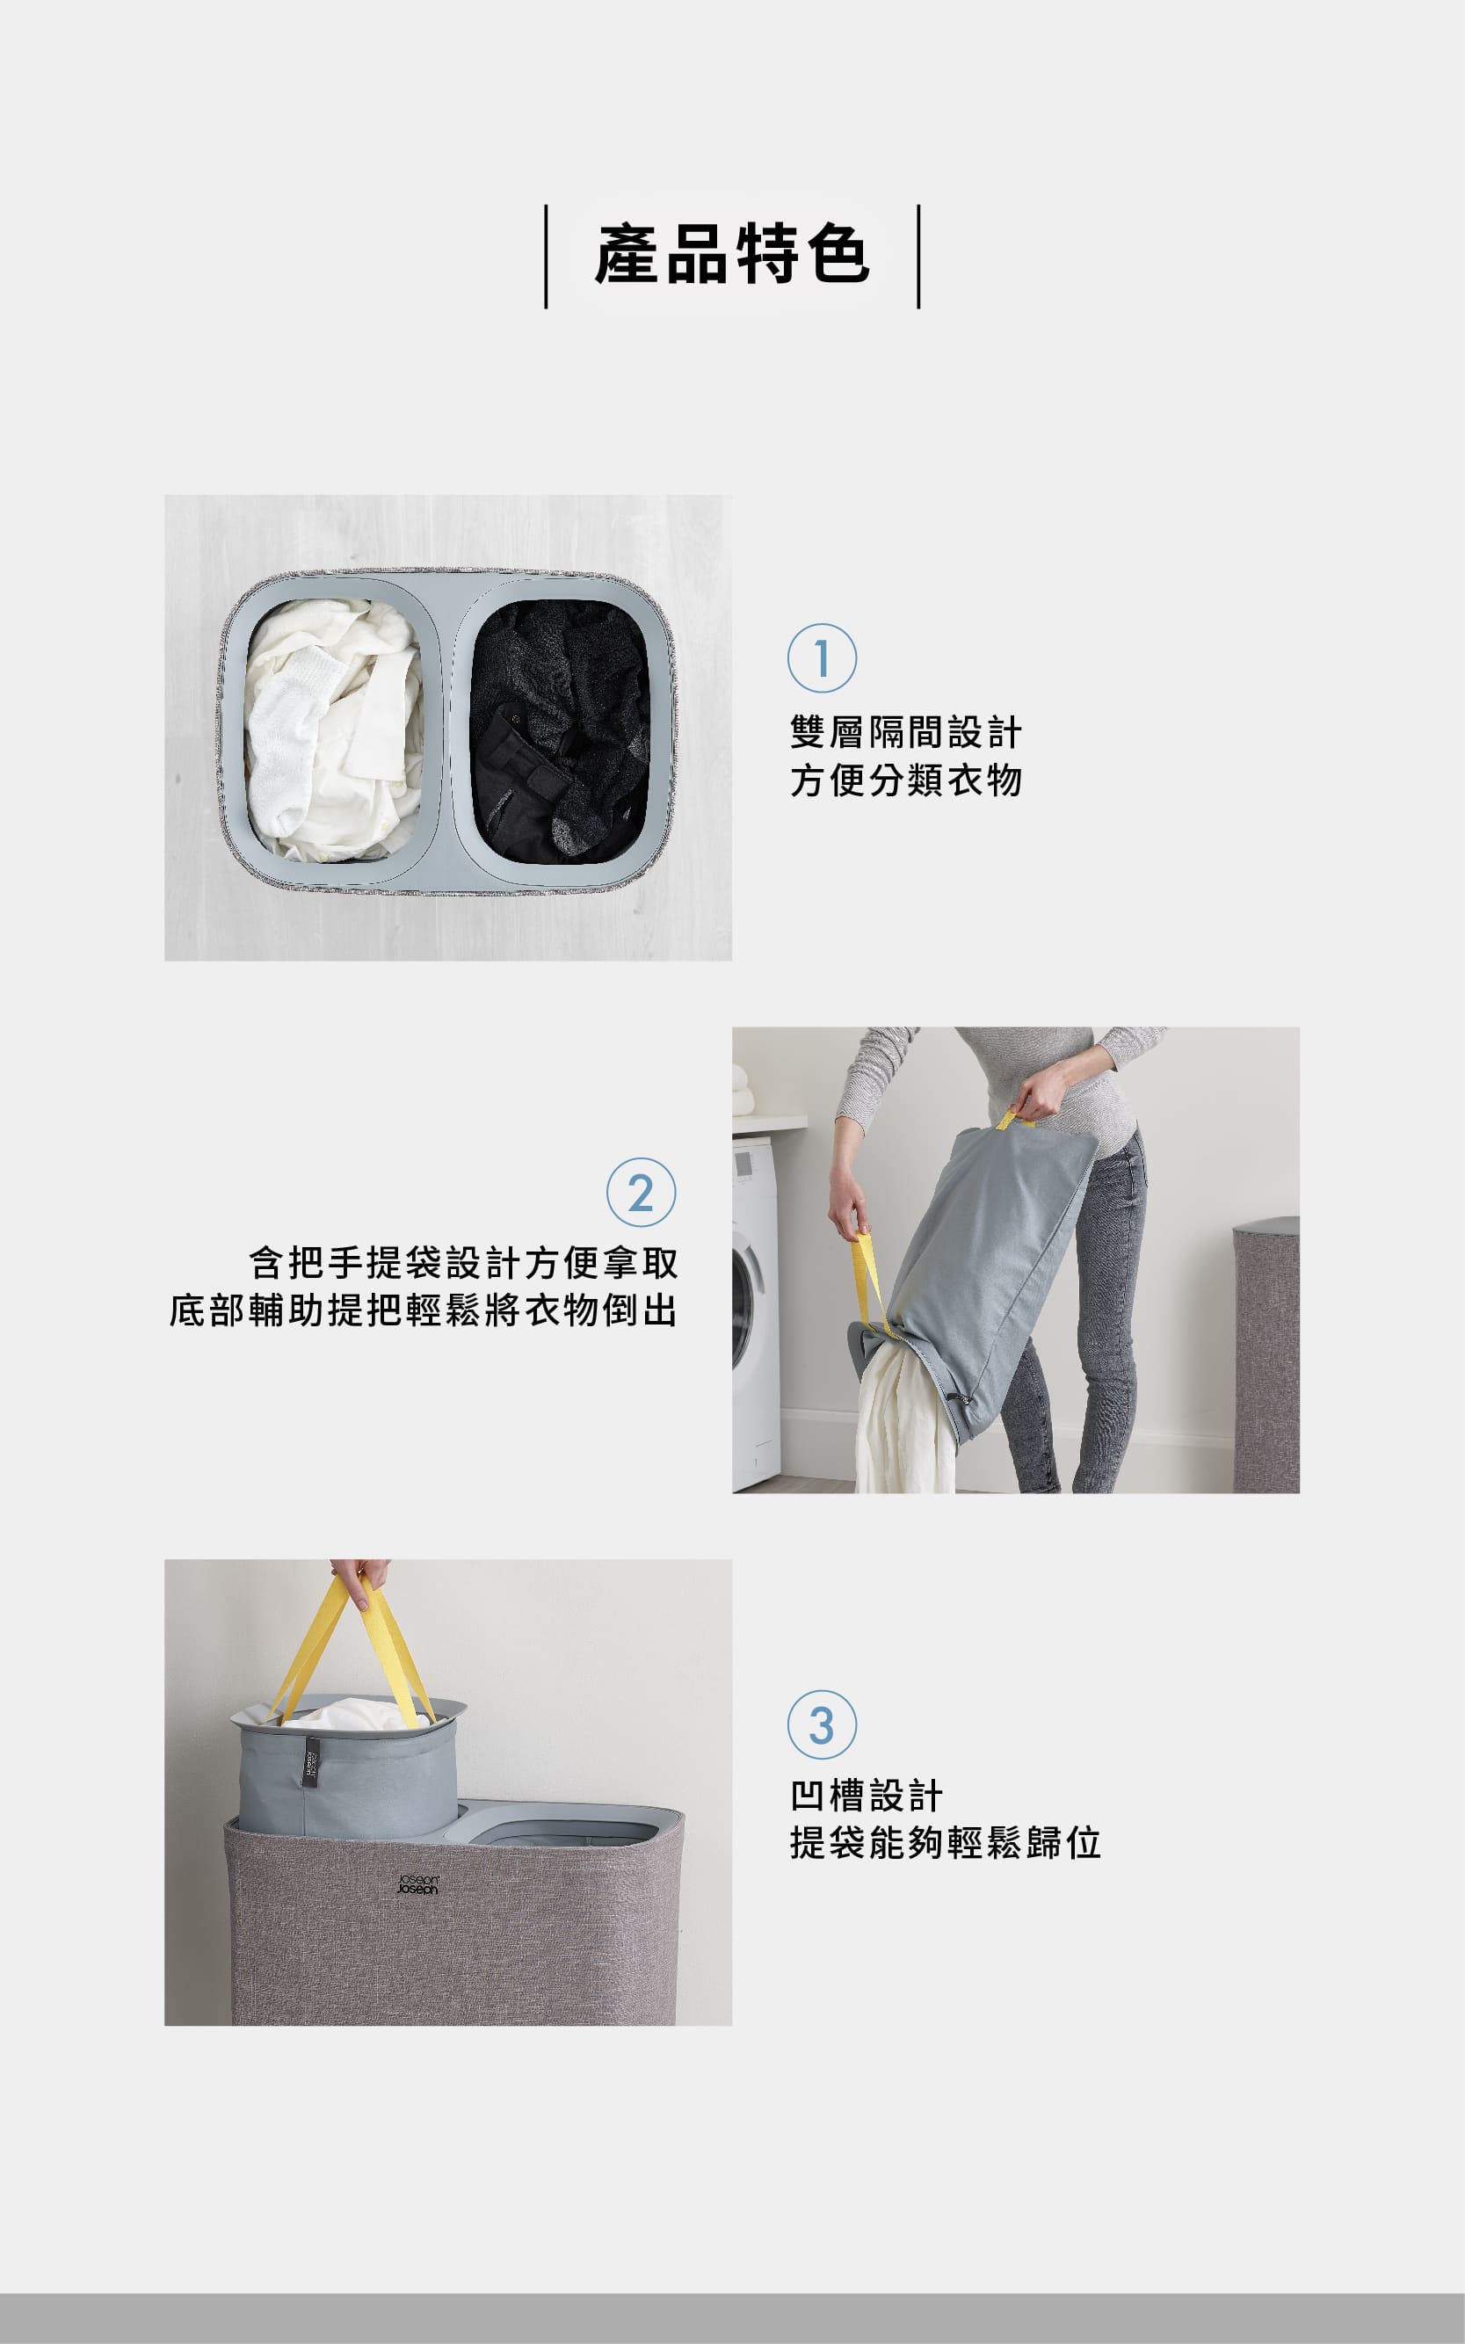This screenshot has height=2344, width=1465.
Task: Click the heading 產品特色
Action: pyautogui.click(x=733, y=255)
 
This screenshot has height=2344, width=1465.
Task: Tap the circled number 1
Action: pyautogui.click(x=822, y=658)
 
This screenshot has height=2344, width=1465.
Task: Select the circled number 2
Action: pyautogui.click(x=641, y=1193)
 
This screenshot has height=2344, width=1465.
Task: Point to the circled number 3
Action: pyautogui.click(x=822, y=1724)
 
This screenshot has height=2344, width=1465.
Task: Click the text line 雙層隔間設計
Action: pyautogui.click(x=906, y=733)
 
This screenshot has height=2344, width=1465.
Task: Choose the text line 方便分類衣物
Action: pyautogui.click(x=906, y=780)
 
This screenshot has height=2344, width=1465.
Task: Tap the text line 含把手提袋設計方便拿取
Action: pyautogui.click(x=463, y=1263)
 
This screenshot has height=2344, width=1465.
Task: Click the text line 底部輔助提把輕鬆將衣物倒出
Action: pyautogui.click(x=424, y=1310)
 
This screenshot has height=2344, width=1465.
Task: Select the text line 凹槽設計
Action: pyautogui.click(x=867, y=1796)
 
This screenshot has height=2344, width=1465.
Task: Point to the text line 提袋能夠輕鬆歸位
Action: pyautogui.click(x=946, y=1843)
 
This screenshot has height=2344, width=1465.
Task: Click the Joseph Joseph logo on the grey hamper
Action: pyautogui.click(x=418, y=1883)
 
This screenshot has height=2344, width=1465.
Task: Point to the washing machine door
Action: pyautogui.click(x=744, y=1298)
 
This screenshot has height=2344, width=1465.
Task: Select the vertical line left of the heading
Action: pyautogui.click(x=547, y=257)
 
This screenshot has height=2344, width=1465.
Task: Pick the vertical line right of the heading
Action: pyautogui.click(x=918, y=257)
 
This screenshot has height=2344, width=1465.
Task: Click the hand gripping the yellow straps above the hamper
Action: pyautogui.click(x=362, y=1579)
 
